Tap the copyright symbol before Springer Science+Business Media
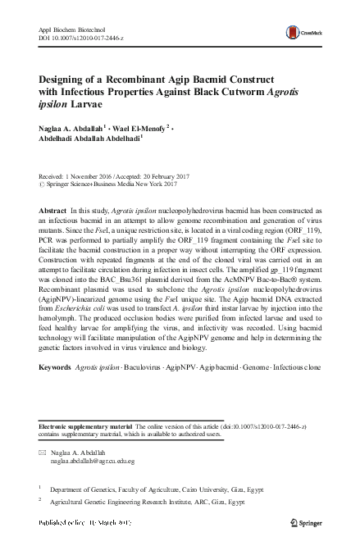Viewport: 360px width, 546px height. (43, 185)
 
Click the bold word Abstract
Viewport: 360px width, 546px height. (53, 211)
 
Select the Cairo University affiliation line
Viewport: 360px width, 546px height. (148, 487)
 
